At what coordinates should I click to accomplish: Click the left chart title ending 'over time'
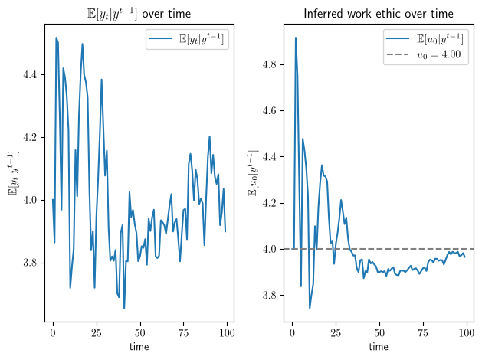click(x=139, y=14)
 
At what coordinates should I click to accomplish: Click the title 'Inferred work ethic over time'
click(x=379, y=14)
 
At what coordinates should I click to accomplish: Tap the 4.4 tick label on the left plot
click(x=30, y=74)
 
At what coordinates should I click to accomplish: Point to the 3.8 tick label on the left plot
click(x=30, y=263)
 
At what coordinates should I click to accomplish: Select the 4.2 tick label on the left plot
click(x=30, y=137)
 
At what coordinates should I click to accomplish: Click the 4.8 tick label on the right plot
click(x=270, y=64)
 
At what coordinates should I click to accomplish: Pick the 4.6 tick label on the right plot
click(x=270, y=110)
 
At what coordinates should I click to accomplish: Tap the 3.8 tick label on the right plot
click(x=270, y=295)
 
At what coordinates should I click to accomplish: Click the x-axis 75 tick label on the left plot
click(x=183, y=333)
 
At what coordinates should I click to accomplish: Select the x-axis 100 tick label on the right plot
click(x=467, y=333)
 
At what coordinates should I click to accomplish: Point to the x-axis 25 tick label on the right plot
click(x=336, y=333)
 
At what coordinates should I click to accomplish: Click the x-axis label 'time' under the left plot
click(x=139, y=347)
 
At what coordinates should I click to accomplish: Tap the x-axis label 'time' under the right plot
click(x=379, y=347)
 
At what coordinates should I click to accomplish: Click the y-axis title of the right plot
click(x=253, y=173)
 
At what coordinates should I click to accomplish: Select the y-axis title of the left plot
click(x=14, y=173)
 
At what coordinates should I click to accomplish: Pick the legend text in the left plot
click(x=202, y=39)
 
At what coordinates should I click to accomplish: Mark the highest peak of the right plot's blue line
click(x=296, y=38)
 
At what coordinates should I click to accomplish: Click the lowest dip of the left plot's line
click(x=124, y=308)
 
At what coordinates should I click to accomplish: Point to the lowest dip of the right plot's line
click(x=310, y=308)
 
